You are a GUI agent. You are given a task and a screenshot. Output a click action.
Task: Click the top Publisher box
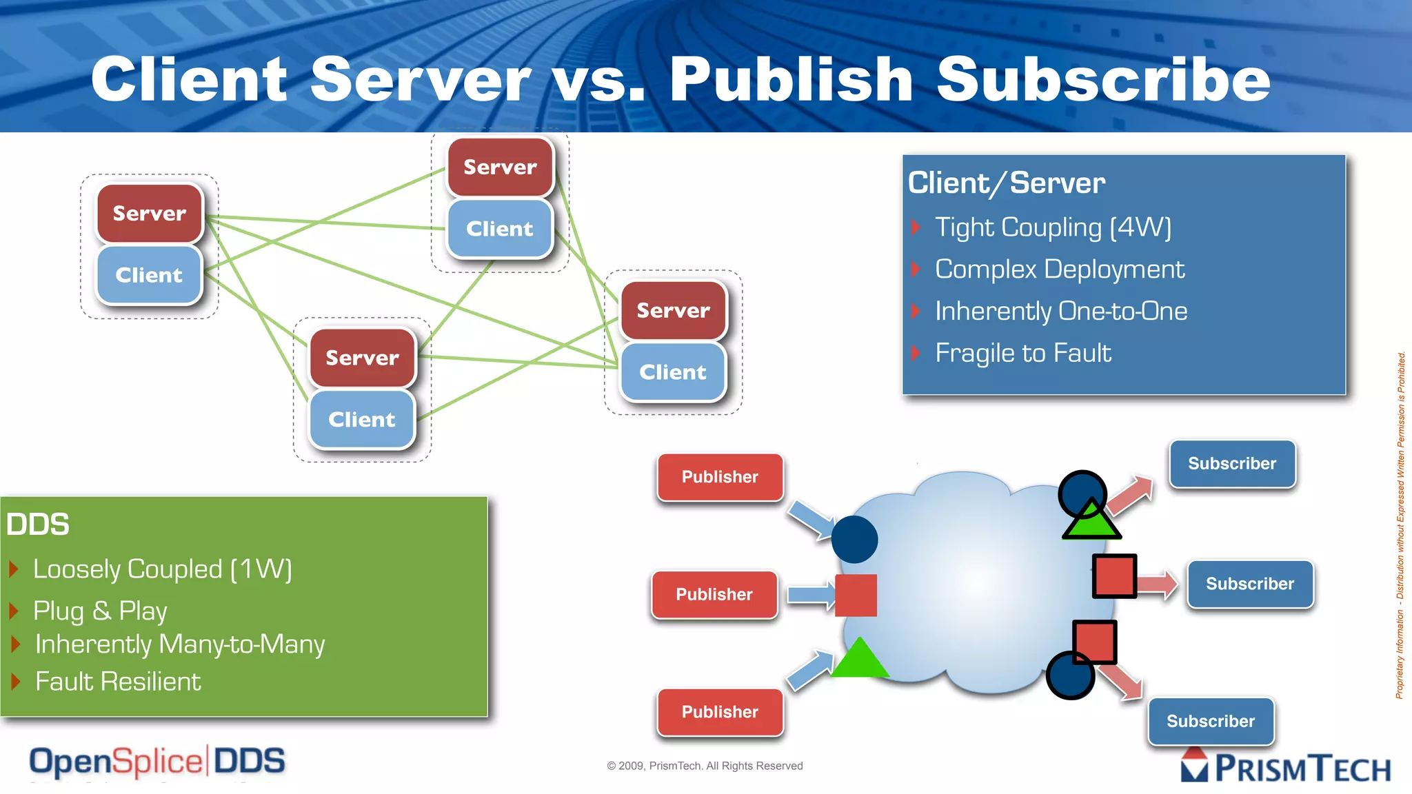point(720,477)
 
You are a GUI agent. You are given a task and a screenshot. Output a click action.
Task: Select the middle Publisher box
point(714,594)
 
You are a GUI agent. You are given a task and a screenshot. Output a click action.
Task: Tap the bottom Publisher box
point(720,712)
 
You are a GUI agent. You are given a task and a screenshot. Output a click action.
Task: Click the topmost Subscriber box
point(1232,464)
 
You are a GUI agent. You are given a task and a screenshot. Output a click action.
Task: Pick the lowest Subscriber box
point(1211,721)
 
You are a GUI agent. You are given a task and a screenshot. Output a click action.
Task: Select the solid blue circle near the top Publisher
point(854,540)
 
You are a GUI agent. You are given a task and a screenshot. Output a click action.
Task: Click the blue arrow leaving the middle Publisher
point(811,595)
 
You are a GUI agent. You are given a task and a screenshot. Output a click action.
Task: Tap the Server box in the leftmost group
point(150,214)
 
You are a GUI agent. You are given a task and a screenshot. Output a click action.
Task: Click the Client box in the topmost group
point(500,229)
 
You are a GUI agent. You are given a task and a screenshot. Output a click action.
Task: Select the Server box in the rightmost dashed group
point(673,311)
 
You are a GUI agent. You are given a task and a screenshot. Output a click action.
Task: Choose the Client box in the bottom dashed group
point(362,420)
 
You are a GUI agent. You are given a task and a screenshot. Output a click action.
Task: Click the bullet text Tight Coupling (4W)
point(1052,227)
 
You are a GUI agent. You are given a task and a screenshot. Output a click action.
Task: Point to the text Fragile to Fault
point(1022,354)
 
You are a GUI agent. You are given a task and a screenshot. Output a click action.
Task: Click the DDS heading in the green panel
point(38,525)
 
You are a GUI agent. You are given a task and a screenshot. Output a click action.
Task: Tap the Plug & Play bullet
point(100,611)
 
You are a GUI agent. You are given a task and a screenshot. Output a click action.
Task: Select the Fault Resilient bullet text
point(118,682)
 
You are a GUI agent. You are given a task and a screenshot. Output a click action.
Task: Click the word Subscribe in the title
point(1103,80)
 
